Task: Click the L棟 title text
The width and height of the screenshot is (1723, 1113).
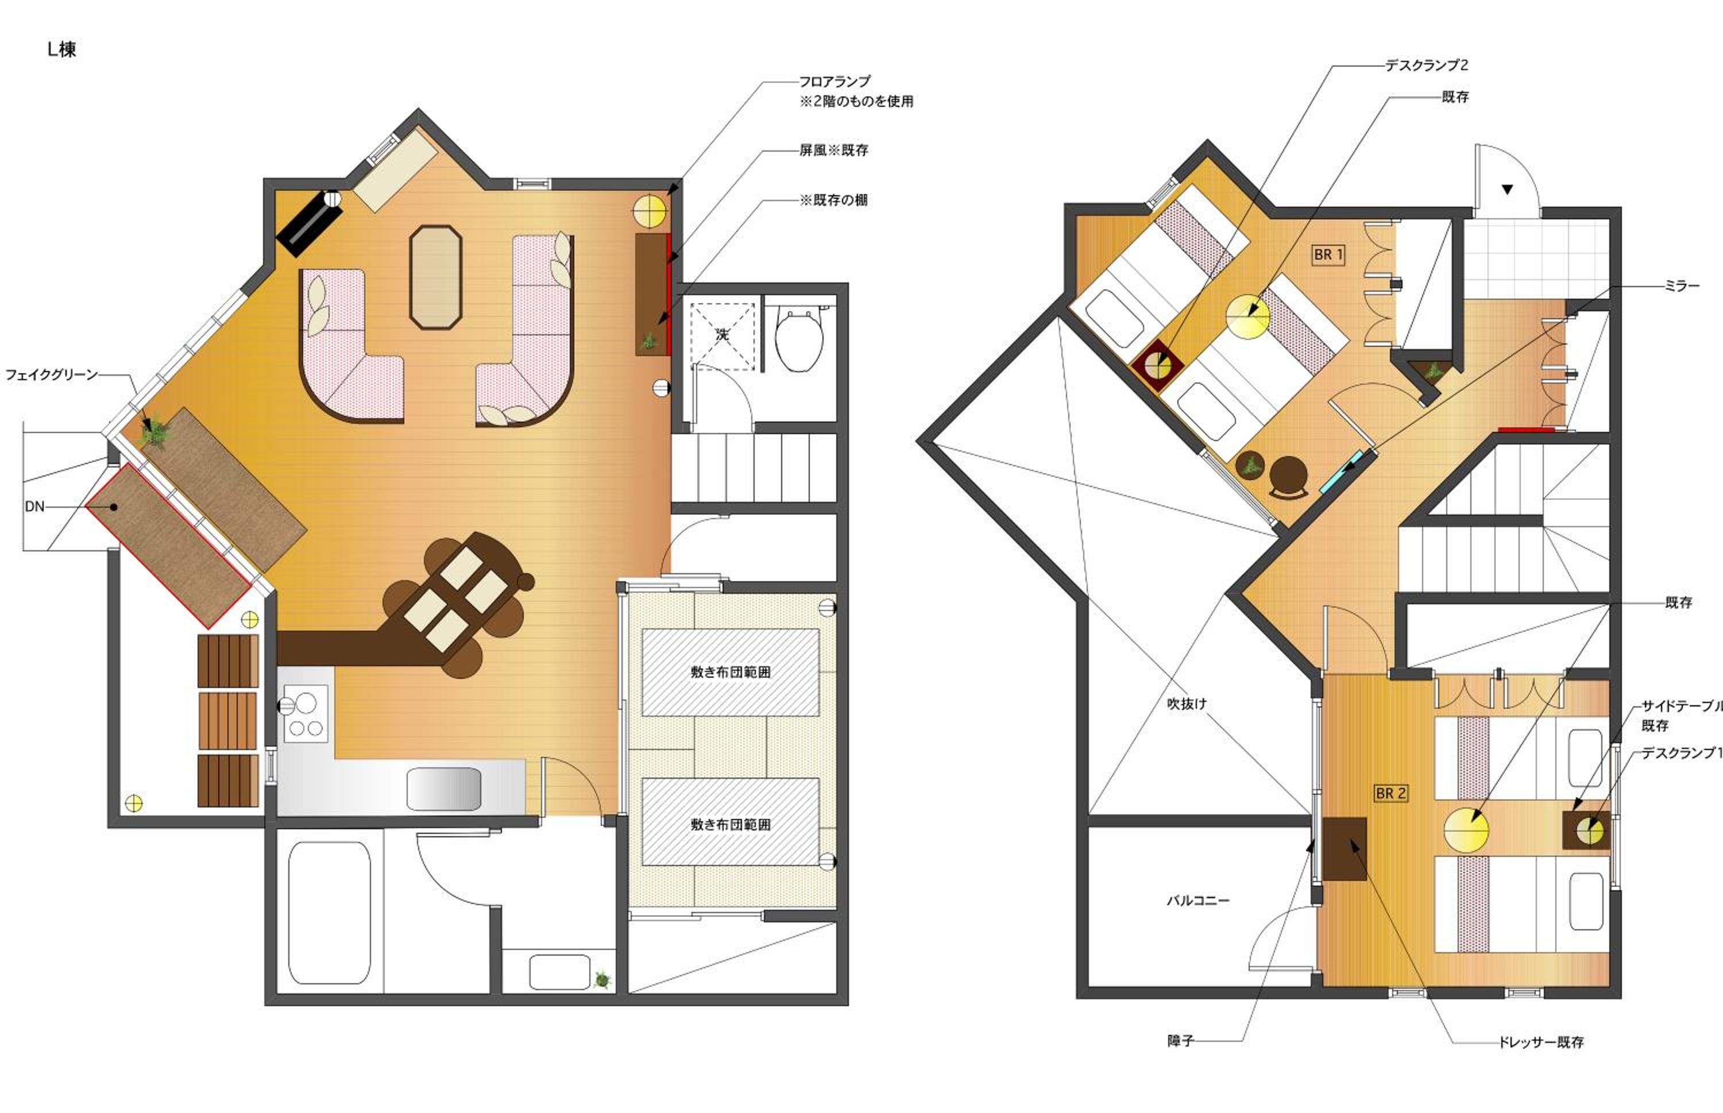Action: (x=61, y=49)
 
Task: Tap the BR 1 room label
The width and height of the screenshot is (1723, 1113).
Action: (x=1328, y=254)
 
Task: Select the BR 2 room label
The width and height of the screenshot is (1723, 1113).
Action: (x=1390, y=793)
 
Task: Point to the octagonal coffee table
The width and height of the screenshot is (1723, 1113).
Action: (x=435, y=277)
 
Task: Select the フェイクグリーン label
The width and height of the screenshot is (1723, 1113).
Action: (x=51, y=374)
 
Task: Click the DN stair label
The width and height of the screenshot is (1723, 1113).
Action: (x=34, y=507)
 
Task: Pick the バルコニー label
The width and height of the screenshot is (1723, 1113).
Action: (x=1197, y=901)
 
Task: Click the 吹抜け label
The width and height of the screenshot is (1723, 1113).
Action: (x=1187, y=703)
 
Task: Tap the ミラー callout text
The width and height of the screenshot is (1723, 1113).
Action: (x=1682, y=286)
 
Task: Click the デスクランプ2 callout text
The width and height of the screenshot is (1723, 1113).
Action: (x=1426, y=65)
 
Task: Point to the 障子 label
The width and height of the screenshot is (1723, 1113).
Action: (x=1180, y=1041)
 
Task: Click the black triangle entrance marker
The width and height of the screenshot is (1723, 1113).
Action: (x=1507, y=190)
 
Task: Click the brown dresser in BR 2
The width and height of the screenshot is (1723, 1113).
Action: (x=1345, y=848)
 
